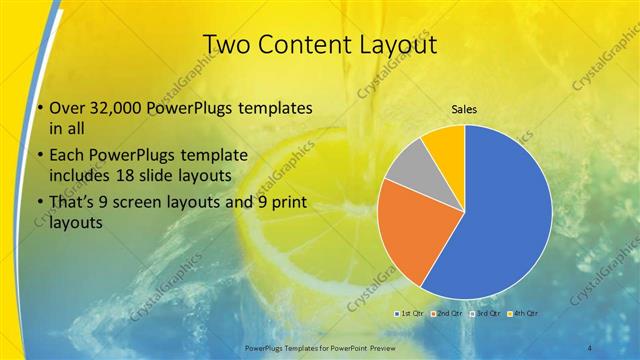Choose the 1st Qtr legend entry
tap(411, 314)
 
